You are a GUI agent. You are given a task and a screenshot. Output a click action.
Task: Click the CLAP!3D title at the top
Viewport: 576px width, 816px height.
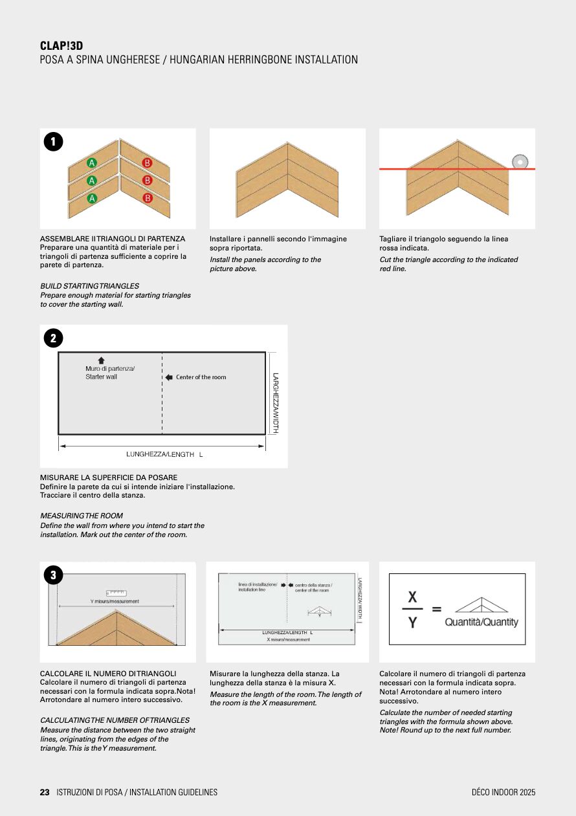[x=61, y=46]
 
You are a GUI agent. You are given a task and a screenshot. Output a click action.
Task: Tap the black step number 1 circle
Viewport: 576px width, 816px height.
[x=53, y=142]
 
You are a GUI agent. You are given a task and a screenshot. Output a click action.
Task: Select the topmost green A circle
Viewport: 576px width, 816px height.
[x=92, y=163]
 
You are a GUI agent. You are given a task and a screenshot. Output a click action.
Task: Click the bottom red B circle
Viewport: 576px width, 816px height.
[x=147, y=198]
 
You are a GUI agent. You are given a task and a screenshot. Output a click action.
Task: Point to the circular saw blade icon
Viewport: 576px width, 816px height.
[x=520, y=161]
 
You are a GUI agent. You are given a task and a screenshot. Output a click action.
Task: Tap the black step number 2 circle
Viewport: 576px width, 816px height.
[x=53, y=338]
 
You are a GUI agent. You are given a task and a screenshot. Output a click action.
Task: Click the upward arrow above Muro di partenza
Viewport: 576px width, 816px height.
[x=101, y=360]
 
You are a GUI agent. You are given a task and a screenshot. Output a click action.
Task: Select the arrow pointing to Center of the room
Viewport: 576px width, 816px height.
[x=169, y=377]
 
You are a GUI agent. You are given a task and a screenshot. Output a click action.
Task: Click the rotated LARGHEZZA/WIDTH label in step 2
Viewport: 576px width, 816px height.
[x=276, y=403]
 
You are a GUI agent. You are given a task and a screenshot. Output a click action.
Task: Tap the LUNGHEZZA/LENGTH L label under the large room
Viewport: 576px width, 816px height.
[x=164, y=454]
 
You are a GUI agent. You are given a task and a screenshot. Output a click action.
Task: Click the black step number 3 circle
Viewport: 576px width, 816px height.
[x=53, y=575]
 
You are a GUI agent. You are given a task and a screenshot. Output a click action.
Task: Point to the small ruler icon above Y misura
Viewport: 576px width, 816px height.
[x=116, y=593]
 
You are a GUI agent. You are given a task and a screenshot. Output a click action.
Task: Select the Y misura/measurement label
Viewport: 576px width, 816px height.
[x=115, y=601]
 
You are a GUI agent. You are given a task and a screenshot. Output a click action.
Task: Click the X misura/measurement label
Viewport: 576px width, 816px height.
[x=288, y=639]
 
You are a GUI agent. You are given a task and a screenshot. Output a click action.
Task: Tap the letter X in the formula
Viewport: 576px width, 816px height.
[x=412, y=597]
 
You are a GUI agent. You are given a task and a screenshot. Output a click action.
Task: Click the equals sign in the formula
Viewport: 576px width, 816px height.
[x=436, y=609]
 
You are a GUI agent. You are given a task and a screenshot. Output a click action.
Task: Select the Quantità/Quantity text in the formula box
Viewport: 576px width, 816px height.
[x=482, y=622]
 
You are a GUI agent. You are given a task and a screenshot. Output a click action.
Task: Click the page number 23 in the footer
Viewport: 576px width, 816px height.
[x=45, y=792]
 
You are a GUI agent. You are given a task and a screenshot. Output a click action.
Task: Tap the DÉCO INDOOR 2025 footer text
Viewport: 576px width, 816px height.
[x=504, y=792]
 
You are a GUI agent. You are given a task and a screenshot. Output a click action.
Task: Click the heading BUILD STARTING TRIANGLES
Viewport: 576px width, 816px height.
[x=89, y=286]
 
